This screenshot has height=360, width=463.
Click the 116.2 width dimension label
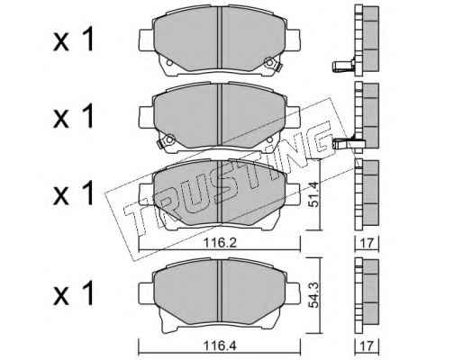[x=220, y=243]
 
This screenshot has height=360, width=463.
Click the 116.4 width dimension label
[x=220, y=346]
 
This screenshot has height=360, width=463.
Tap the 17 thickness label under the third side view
[x=367, y=244]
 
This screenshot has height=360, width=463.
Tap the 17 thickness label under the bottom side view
[x=367, y=346]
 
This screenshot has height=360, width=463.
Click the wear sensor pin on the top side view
[x=343, y=66]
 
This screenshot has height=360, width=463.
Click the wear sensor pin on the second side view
[x=343, y=143]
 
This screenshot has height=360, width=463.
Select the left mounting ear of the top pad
[x=147, y=40]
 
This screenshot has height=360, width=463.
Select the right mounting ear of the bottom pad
[x=293, y=292]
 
